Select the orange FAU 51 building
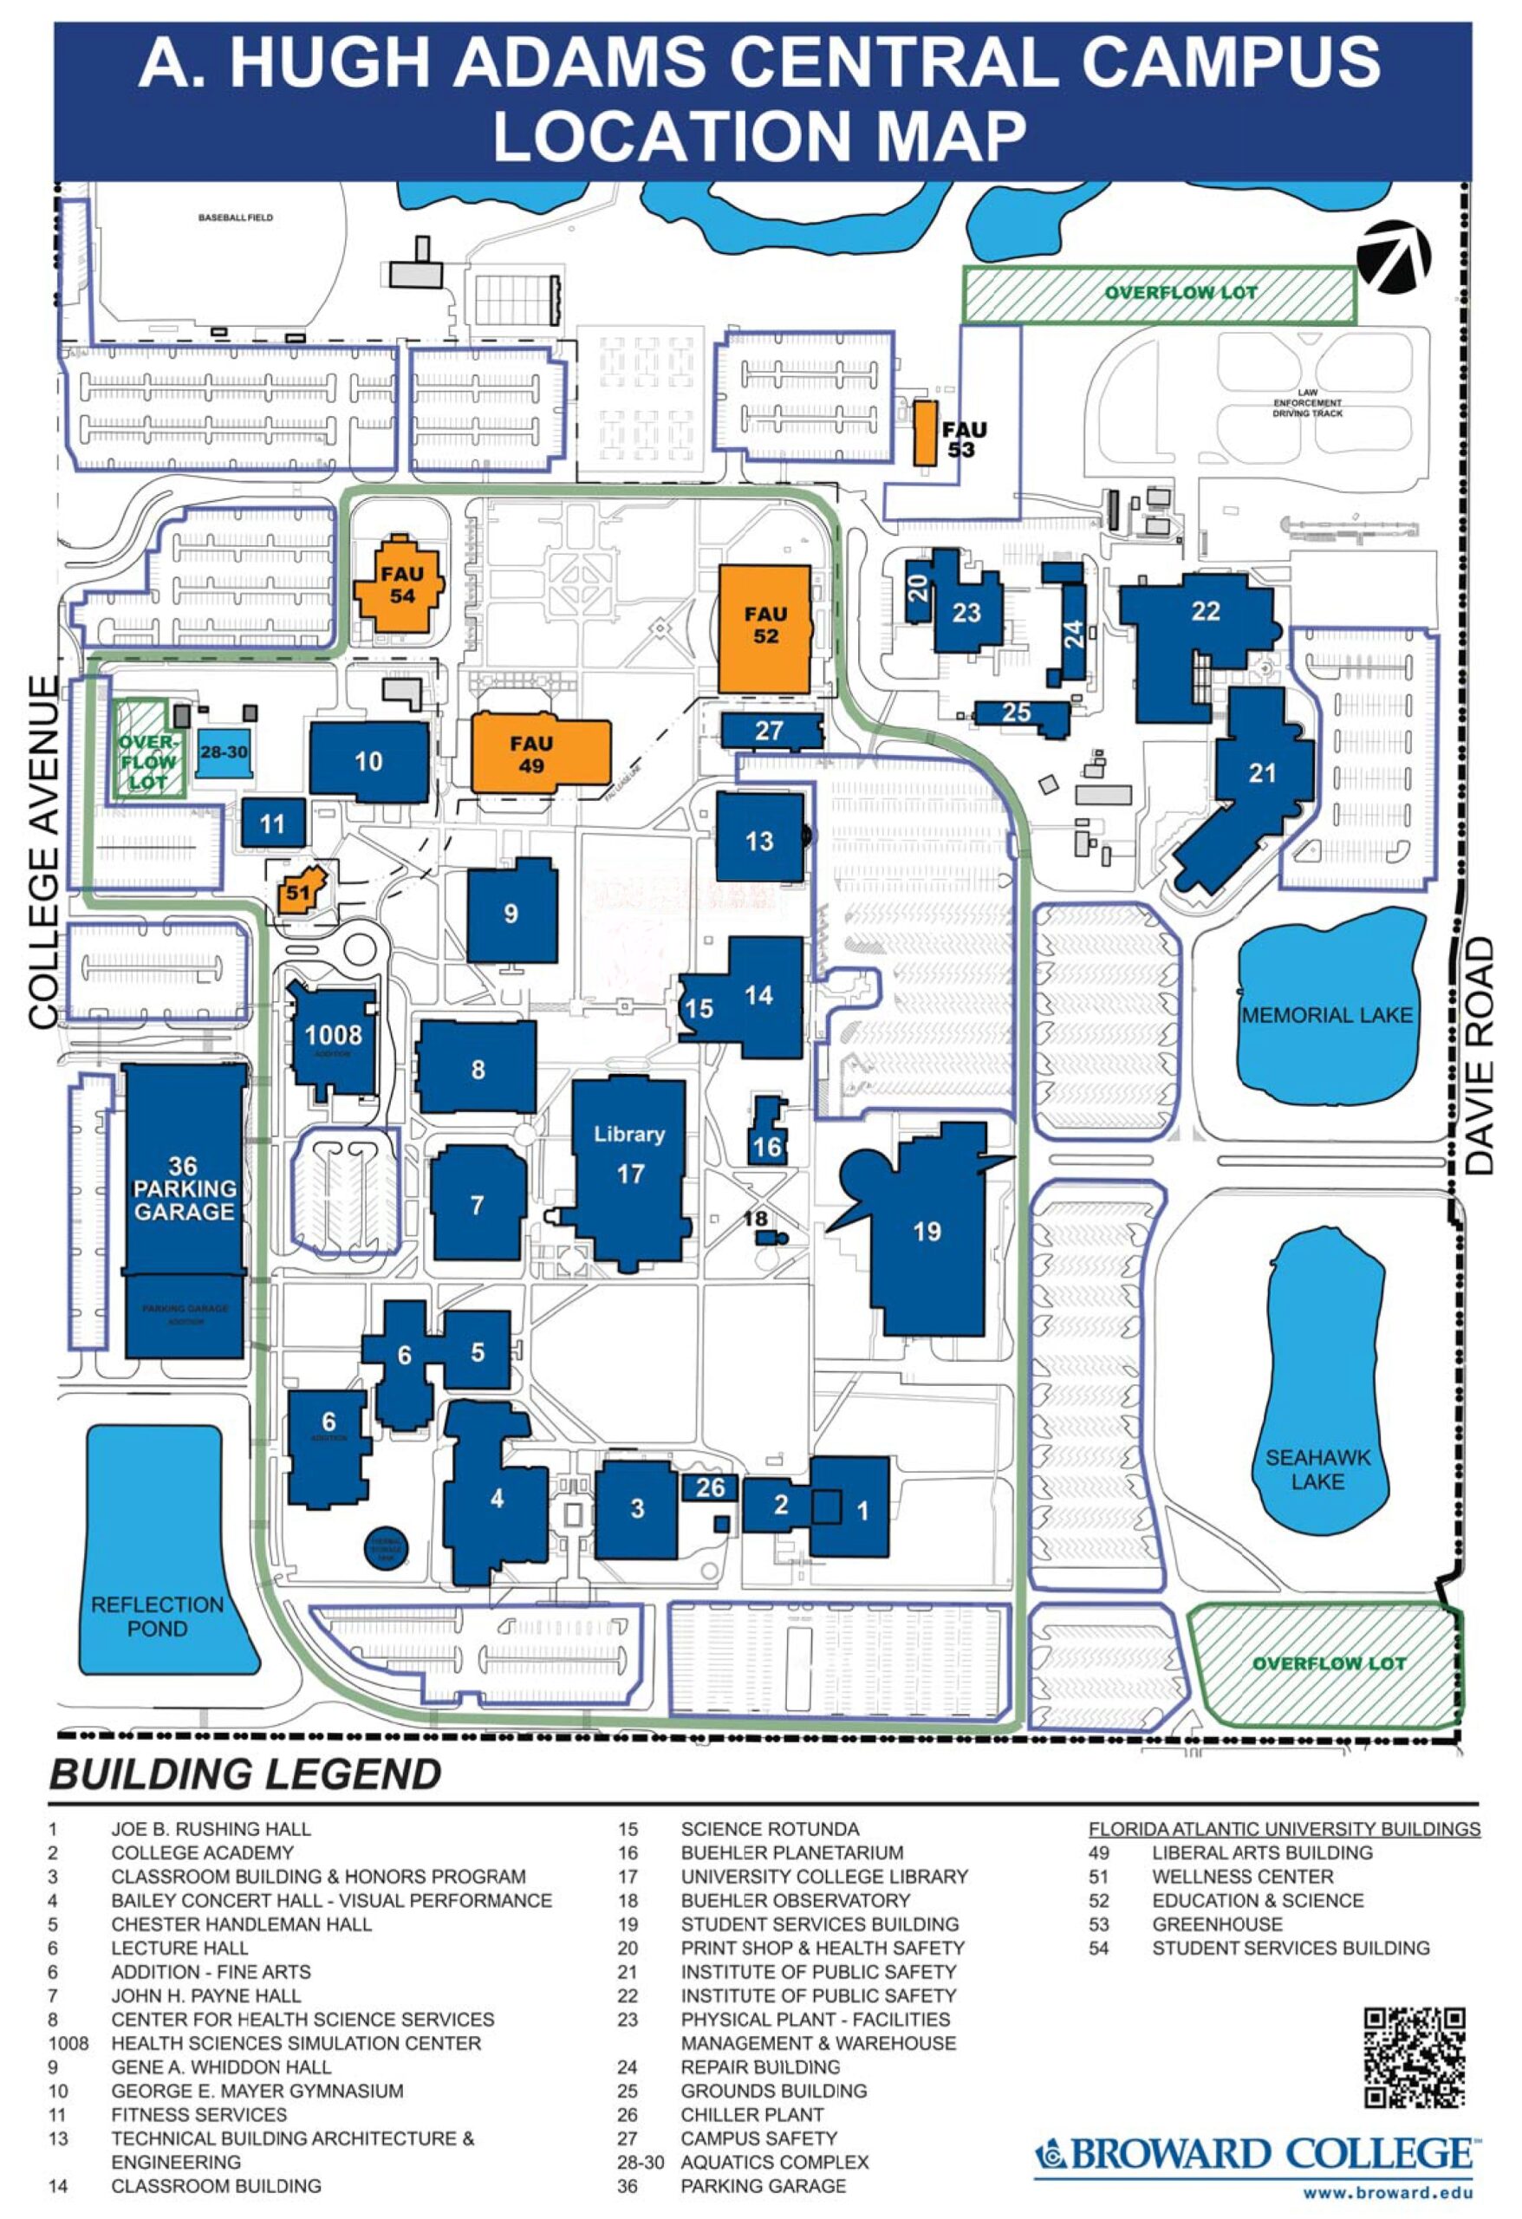click(x=300, y=891)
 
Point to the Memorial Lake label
click(x=1326, y=1015)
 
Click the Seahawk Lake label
click(x=1317, y=1468)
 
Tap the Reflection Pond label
click(x=158, y=1616)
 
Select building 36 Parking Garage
click(x=185, y=1188)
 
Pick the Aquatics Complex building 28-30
click(x=224, y=753)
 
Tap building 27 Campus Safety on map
click(x=770, y=731)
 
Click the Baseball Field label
click(x=236, y=218)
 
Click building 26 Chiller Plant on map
click(x=710, y=1487)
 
